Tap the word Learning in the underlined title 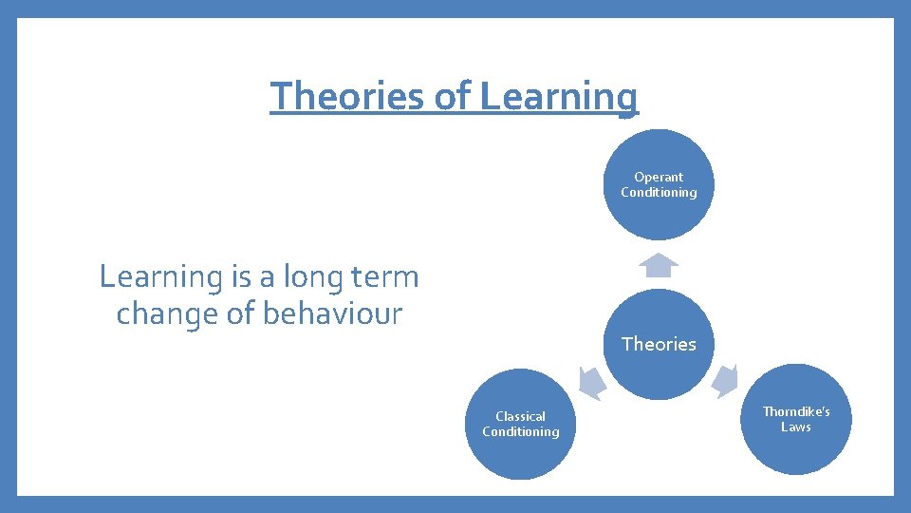click(559, 96)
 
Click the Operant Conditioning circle click(659, 184)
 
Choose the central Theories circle click(659, 344)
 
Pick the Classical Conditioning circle click(520, 424)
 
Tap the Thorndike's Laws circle click(796, 419)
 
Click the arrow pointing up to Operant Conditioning click(659, 265)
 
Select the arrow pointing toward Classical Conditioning click(591, 382)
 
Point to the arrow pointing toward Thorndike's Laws click(726, 381)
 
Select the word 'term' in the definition click(385, 277)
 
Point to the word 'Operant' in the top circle click(659, 177)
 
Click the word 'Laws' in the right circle click(796, 427)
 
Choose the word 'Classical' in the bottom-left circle click(520, 416)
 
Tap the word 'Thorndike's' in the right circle click(796, 411)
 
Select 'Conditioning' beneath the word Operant click(659, 192)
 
